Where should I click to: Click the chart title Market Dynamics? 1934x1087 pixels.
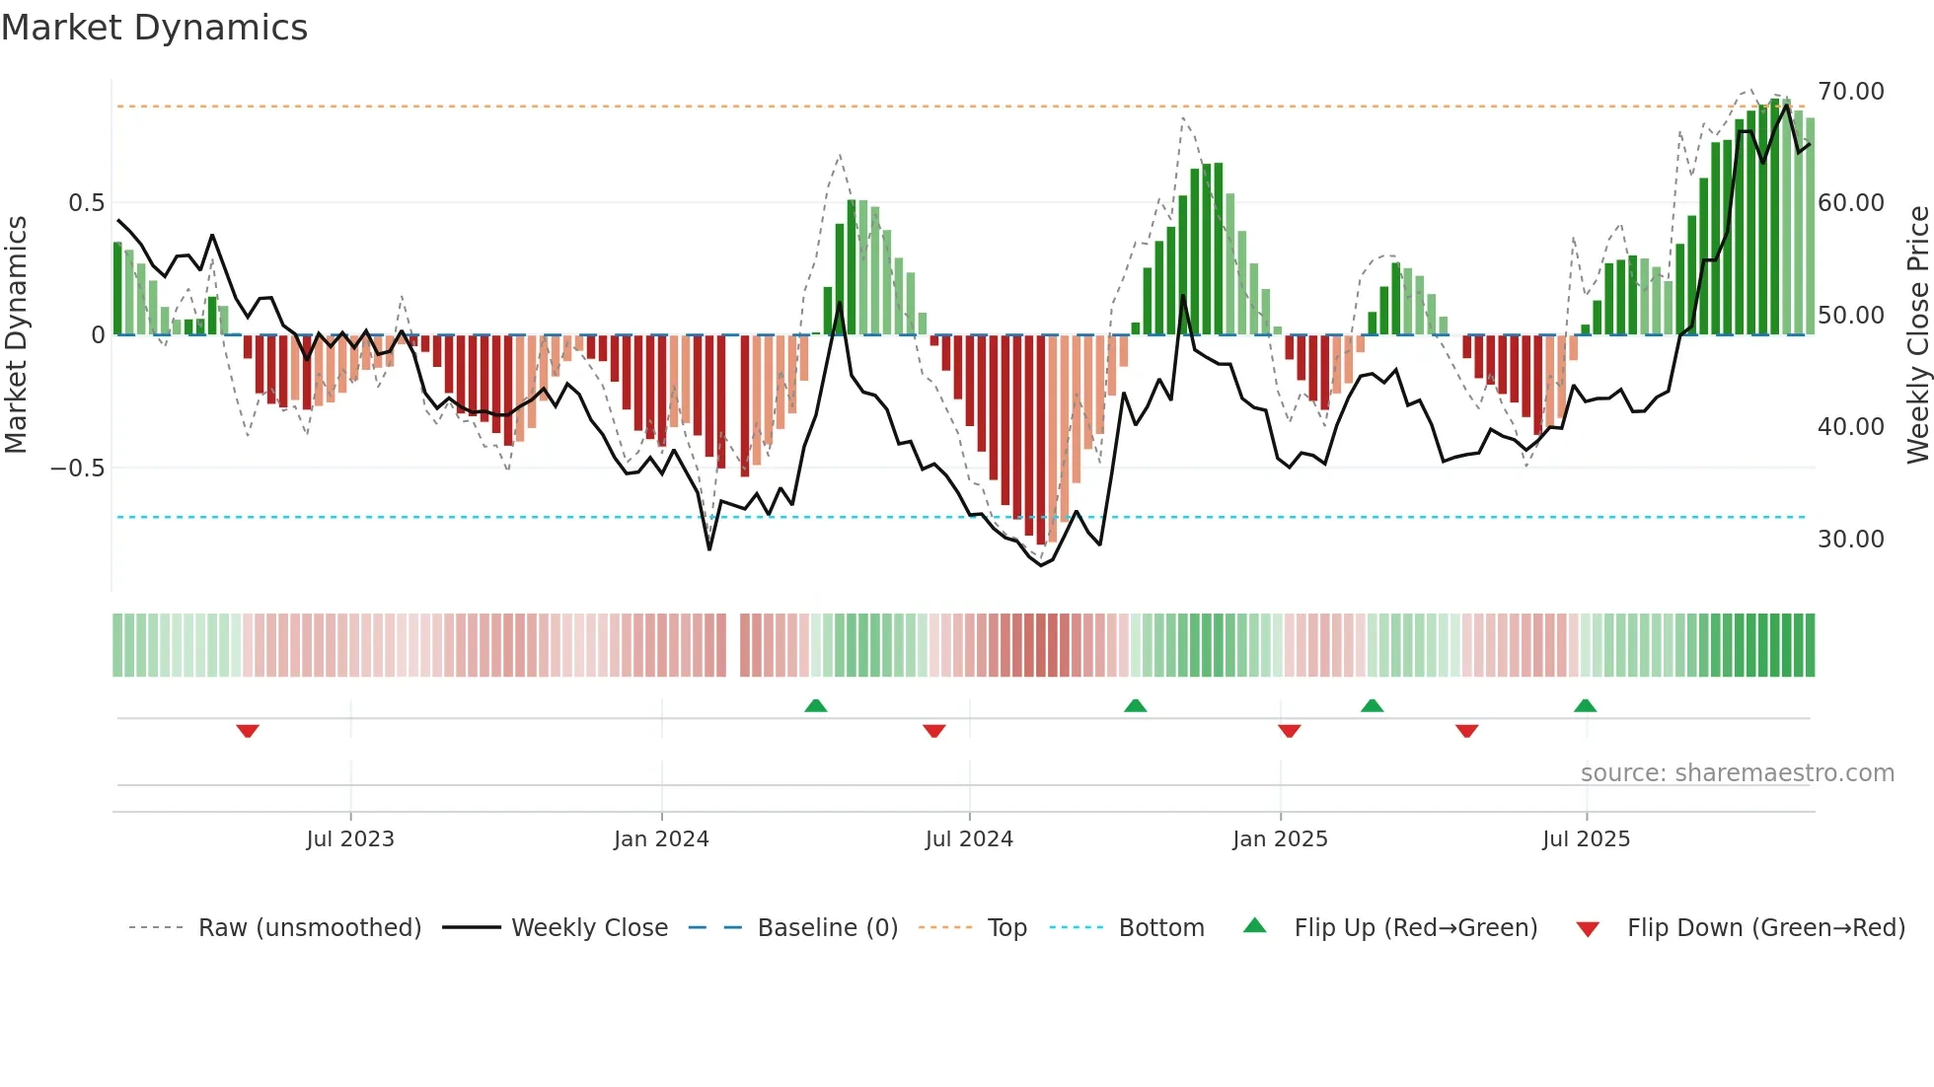click(154, 28)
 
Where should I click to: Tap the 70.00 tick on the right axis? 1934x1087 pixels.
click(1850, 92)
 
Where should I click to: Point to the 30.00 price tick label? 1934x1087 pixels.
click(1850, 540)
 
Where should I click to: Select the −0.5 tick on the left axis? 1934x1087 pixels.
click(77, 469)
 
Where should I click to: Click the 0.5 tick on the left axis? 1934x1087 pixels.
click(86, 203)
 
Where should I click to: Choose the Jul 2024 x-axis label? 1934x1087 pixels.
click(968, 839)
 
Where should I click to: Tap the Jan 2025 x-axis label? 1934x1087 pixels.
click(1280, 839)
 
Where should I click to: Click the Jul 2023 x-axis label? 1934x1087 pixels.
click(349, 839)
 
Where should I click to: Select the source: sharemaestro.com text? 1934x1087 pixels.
click(1737, 773)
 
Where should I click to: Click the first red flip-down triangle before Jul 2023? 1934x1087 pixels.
click(248, 731)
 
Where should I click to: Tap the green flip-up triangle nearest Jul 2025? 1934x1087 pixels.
click(1585, 705)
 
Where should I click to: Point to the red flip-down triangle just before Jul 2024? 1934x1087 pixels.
click(933, 731)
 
